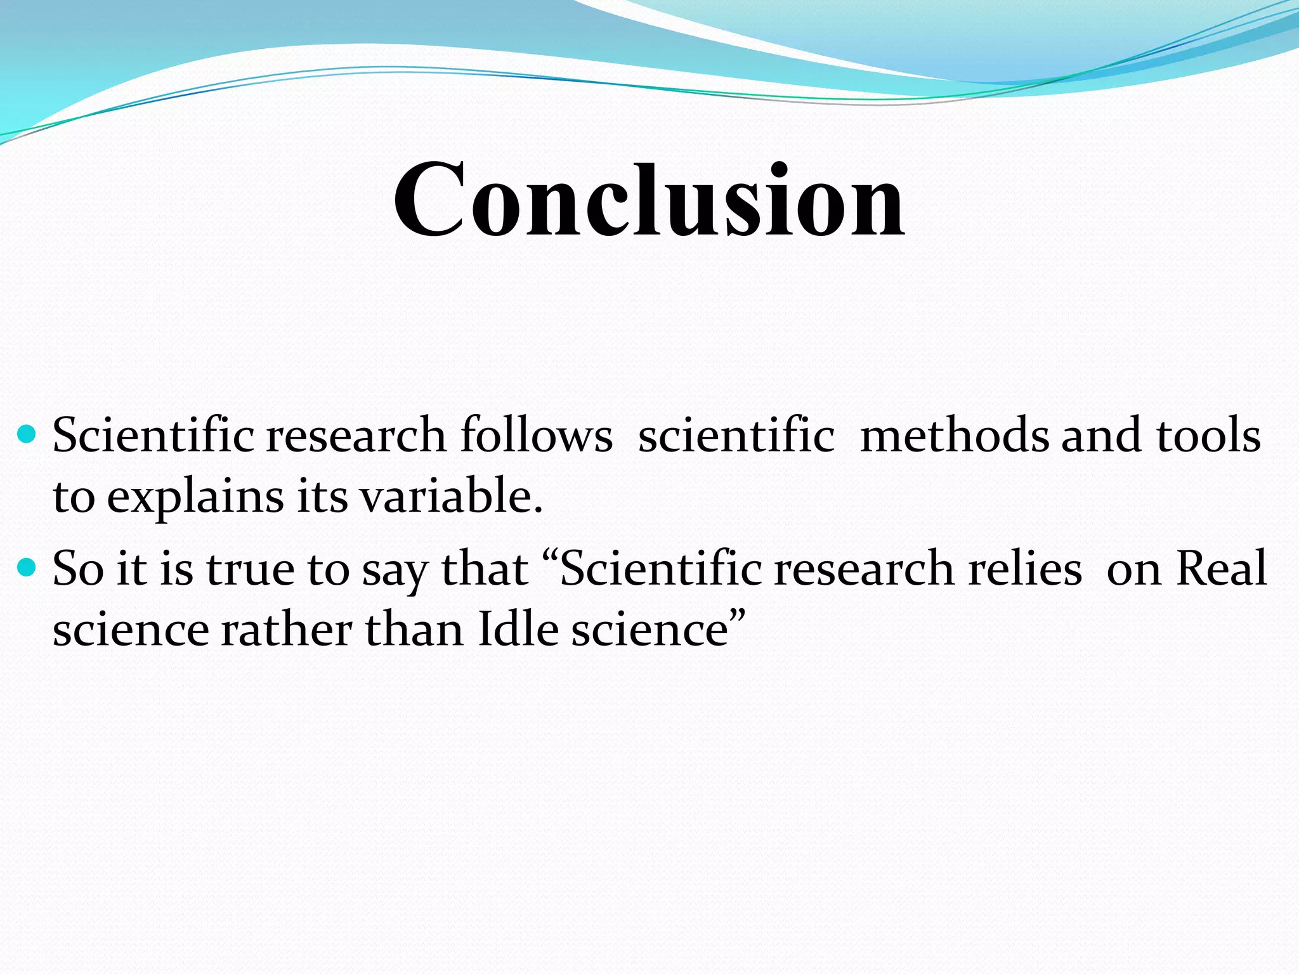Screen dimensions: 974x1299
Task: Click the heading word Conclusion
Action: tap(649, 200)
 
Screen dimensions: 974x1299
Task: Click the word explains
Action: tap(195, 497)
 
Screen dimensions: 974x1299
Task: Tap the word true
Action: tap(250, 569)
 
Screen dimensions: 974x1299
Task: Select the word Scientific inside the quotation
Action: tap(660, 568)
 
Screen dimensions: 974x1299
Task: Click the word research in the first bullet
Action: tap(356, 436)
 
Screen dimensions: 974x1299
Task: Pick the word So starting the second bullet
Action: tap(77, 568)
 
